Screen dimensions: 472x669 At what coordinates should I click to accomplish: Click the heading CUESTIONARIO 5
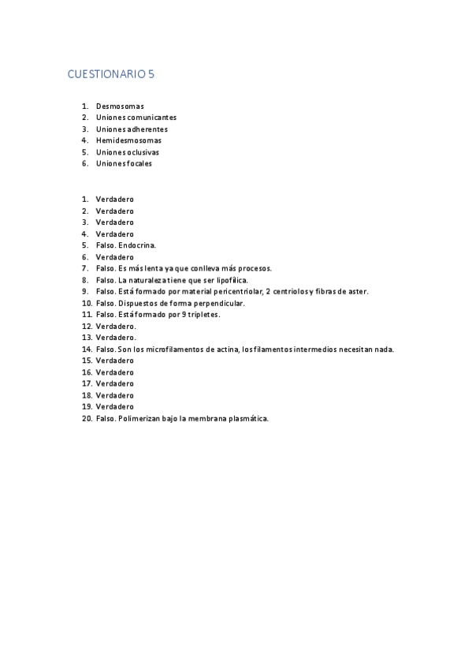(111, 75)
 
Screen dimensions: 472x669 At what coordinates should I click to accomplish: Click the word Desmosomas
(120, 106)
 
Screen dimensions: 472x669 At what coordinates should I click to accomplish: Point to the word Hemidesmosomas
(128, 140)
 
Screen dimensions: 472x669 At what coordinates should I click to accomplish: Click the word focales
(139, 163)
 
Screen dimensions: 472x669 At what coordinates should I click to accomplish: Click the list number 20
(87, 418)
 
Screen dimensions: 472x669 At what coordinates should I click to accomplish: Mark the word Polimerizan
(139, 418)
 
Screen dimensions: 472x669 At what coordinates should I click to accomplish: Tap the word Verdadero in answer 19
(115, 407)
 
